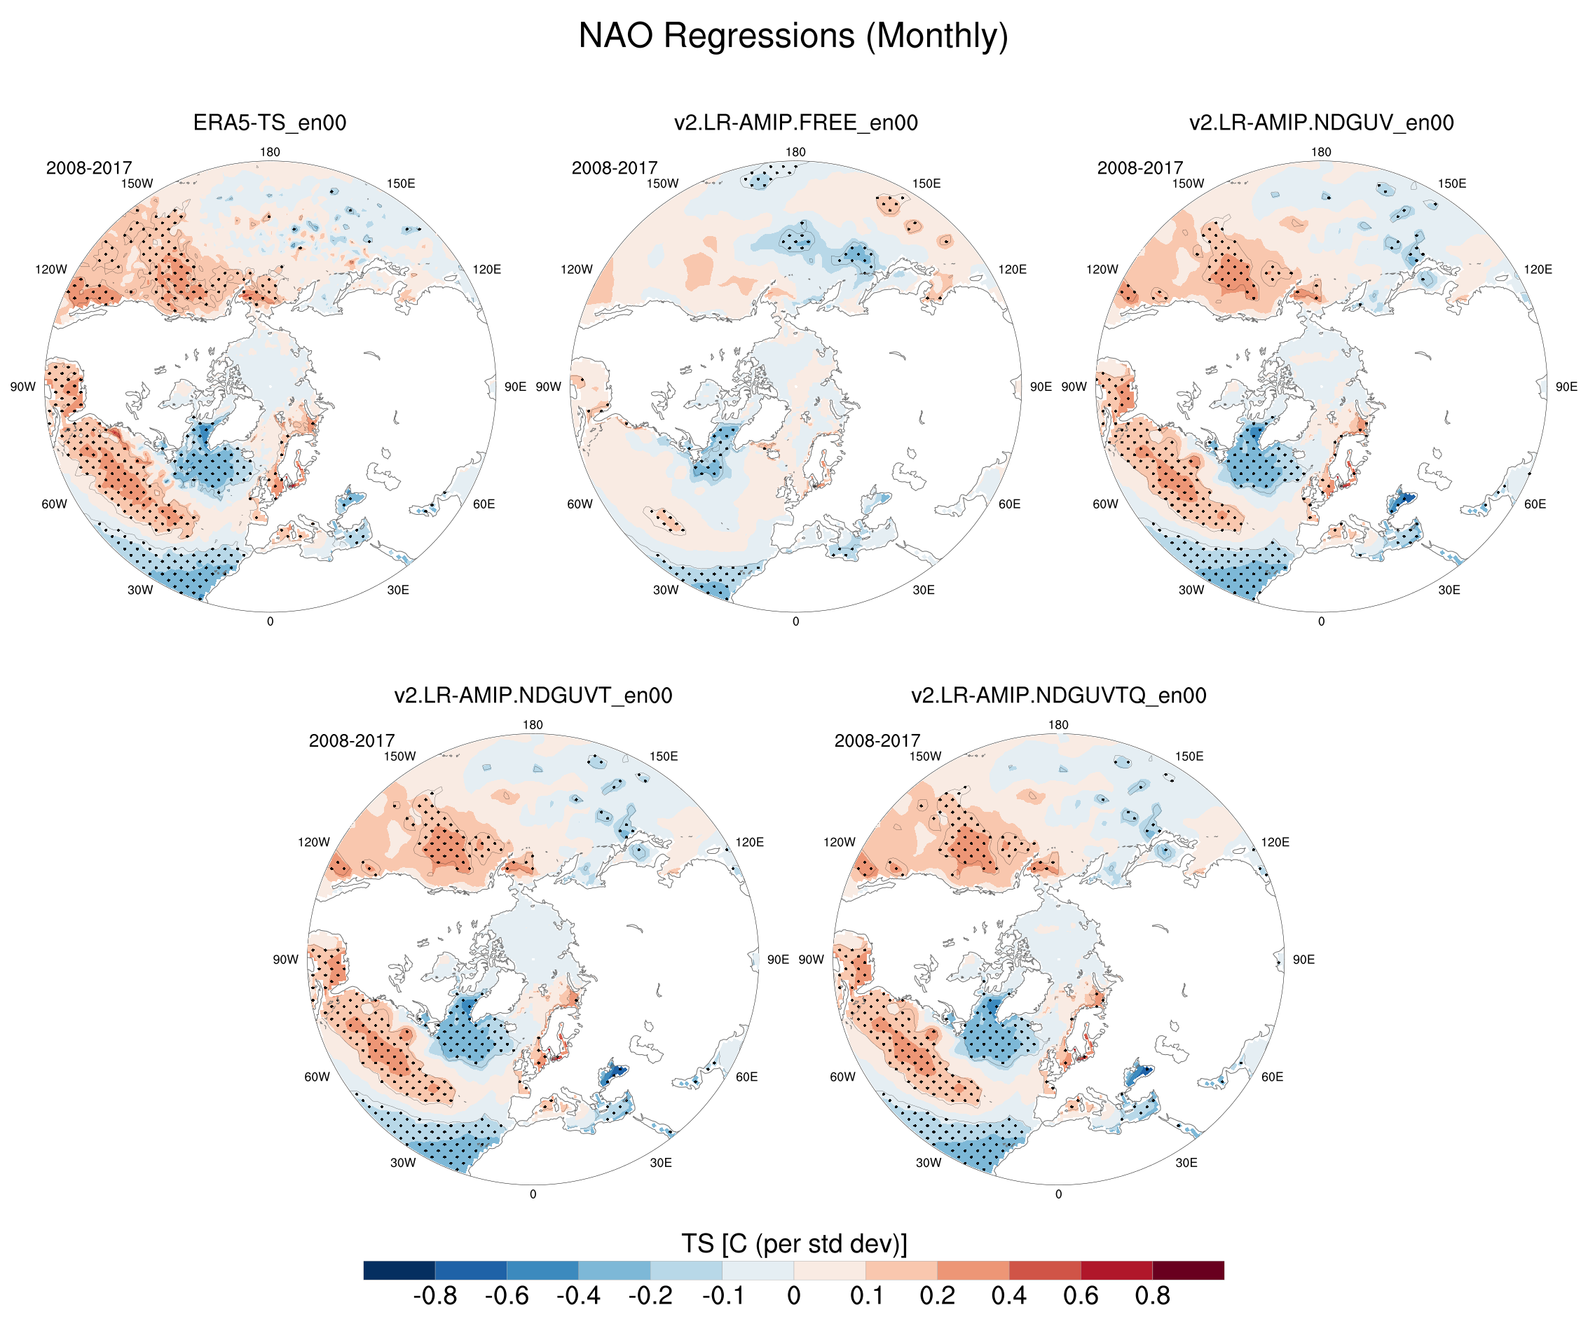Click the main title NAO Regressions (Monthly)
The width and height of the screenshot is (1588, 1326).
793,36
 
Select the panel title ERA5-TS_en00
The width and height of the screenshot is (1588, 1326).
270,123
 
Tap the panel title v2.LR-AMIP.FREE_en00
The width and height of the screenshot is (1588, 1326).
795,123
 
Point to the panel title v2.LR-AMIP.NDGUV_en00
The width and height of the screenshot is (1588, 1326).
1321,123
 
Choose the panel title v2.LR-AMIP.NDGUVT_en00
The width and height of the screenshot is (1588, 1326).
533,696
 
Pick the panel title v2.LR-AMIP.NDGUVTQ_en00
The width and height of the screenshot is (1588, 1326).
1058,696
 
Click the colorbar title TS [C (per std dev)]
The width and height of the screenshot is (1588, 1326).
793,1243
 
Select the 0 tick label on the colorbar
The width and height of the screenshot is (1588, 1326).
793,1296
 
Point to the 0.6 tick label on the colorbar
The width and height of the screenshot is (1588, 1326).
1081,1296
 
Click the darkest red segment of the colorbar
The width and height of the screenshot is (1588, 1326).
1188,1270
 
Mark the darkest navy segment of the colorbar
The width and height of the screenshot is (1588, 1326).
399,1270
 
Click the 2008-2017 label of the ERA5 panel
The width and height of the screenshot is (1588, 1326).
89,168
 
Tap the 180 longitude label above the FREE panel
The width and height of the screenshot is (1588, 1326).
795,152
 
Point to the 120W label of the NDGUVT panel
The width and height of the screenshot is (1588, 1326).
313,842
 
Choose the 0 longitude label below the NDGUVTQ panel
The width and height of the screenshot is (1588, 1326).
1058,1194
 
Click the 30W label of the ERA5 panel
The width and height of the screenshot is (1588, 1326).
140,591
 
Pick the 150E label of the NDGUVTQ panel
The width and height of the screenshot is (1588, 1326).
1189,757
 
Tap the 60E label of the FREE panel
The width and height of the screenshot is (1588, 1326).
1010,504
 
